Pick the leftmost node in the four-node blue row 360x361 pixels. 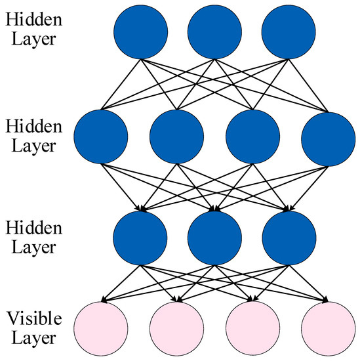[x=102, y=136]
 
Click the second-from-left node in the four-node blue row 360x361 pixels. [x=176, y=136]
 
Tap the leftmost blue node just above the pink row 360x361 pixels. [x=140, y=238]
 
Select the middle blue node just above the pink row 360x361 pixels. [x=214, y=238]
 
